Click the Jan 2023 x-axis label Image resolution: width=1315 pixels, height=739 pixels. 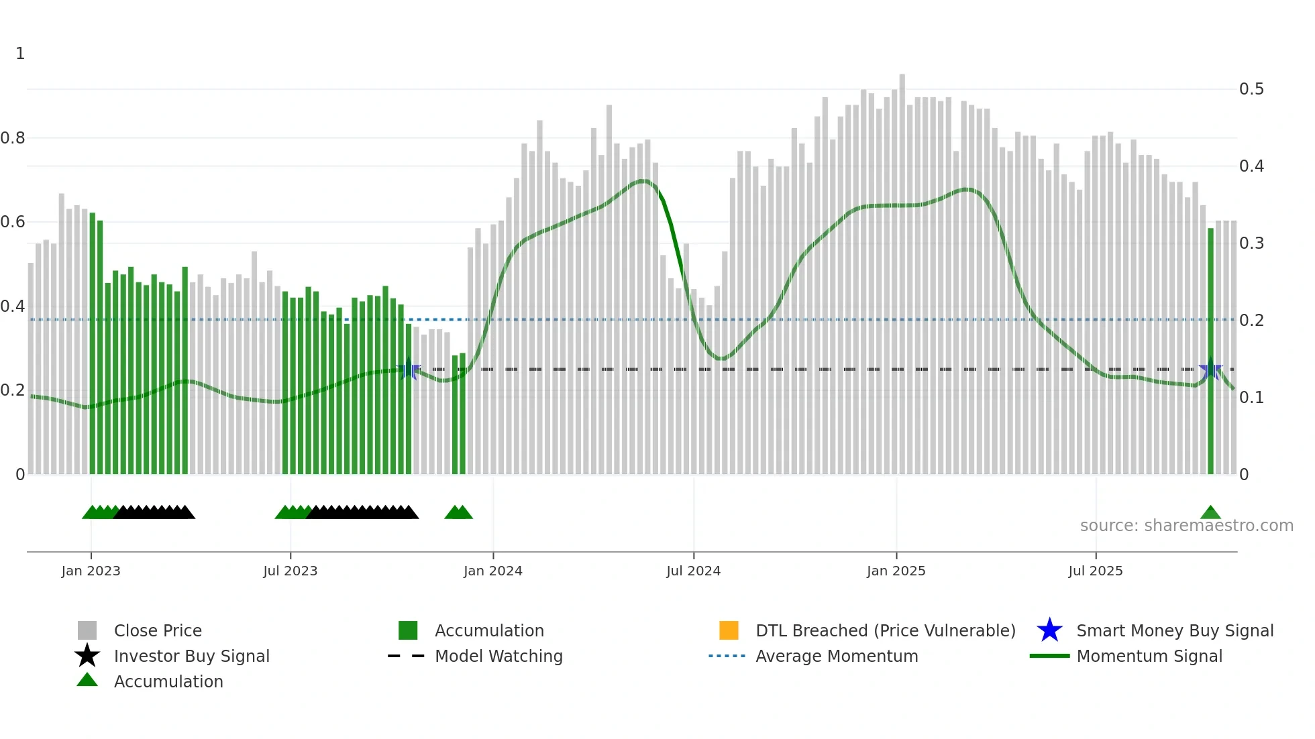(91, 571)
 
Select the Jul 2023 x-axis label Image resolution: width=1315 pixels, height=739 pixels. (290, 571)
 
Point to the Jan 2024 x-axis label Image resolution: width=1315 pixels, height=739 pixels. (492, 571)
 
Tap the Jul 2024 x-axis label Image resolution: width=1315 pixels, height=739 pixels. (693, 571)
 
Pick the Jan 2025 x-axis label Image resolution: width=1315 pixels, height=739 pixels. (896, 571)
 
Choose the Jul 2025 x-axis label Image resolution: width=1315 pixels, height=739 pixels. (1095, 571)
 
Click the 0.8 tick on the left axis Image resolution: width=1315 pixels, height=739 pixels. (13, 138)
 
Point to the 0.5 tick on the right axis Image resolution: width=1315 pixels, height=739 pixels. (1251, 89)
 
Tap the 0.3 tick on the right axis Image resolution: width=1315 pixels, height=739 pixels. (1251, 243)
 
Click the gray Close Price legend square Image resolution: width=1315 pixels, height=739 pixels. (87, 630)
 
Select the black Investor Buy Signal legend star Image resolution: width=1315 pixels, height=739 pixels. (87, 656)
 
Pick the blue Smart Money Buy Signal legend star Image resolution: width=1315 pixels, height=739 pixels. (1049, 630)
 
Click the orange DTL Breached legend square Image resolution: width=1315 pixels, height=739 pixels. (729, 630)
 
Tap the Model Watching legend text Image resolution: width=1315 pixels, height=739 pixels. (498, 656)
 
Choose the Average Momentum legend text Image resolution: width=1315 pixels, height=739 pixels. (837, 656)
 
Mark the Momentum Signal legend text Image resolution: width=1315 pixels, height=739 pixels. (1149, 656)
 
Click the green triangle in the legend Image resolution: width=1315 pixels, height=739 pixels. (87, 680)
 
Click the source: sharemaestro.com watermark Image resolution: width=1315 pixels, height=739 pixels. (1186, 526)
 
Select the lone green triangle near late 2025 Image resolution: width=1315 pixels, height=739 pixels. (1210, 513)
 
